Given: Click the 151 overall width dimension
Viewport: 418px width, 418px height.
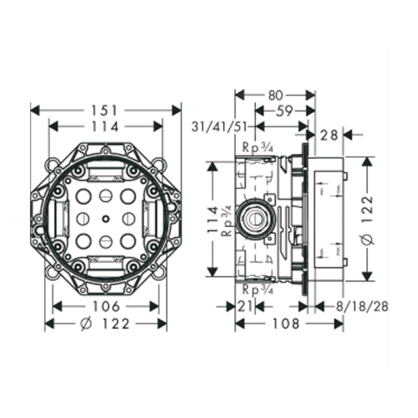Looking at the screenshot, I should pos(106,110).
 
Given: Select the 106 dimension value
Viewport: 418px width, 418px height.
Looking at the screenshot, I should pos(106,307).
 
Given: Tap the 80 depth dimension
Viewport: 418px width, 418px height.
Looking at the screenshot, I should pos(274,93).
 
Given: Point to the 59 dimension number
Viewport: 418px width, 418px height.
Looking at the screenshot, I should pos(284,110).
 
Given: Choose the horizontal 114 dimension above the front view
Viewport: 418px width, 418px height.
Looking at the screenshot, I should pos(106,126).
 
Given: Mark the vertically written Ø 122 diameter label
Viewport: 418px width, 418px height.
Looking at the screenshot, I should pos(369,218).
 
